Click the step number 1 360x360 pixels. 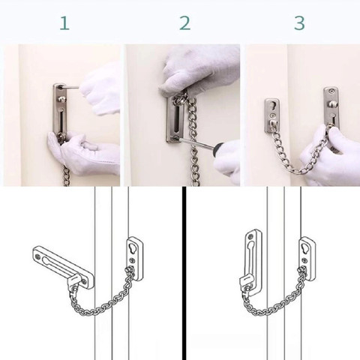tap(64, 22)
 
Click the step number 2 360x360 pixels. tap(184, 22)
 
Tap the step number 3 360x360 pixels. tap(299, 22)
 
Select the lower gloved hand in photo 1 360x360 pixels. tap(86, 154)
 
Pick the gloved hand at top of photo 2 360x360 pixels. tap(199, 71)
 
